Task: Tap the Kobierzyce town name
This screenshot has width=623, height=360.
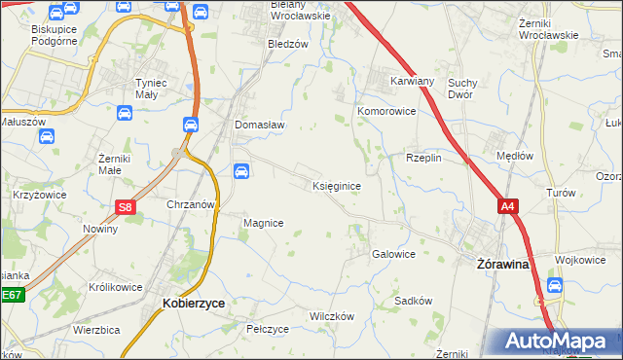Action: [193, 304]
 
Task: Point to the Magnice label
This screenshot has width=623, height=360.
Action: [263, 223]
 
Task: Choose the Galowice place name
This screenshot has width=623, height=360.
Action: [394, 254]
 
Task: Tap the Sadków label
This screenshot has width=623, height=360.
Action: [413, 301]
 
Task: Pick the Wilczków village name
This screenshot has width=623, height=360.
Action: [331, 317]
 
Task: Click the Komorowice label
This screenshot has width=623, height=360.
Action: [386, 112]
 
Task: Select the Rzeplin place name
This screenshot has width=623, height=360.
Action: [424, 158]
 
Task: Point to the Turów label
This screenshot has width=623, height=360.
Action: [562, 194]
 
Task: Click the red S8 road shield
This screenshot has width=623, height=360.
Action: [125, 207]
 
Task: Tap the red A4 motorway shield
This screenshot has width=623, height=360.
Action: [507, 206]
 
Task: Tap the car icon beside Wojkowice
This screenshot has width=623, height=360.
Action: [554, 286]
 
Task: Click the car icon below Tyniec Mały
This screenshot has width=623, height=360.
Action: [126, 114]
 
